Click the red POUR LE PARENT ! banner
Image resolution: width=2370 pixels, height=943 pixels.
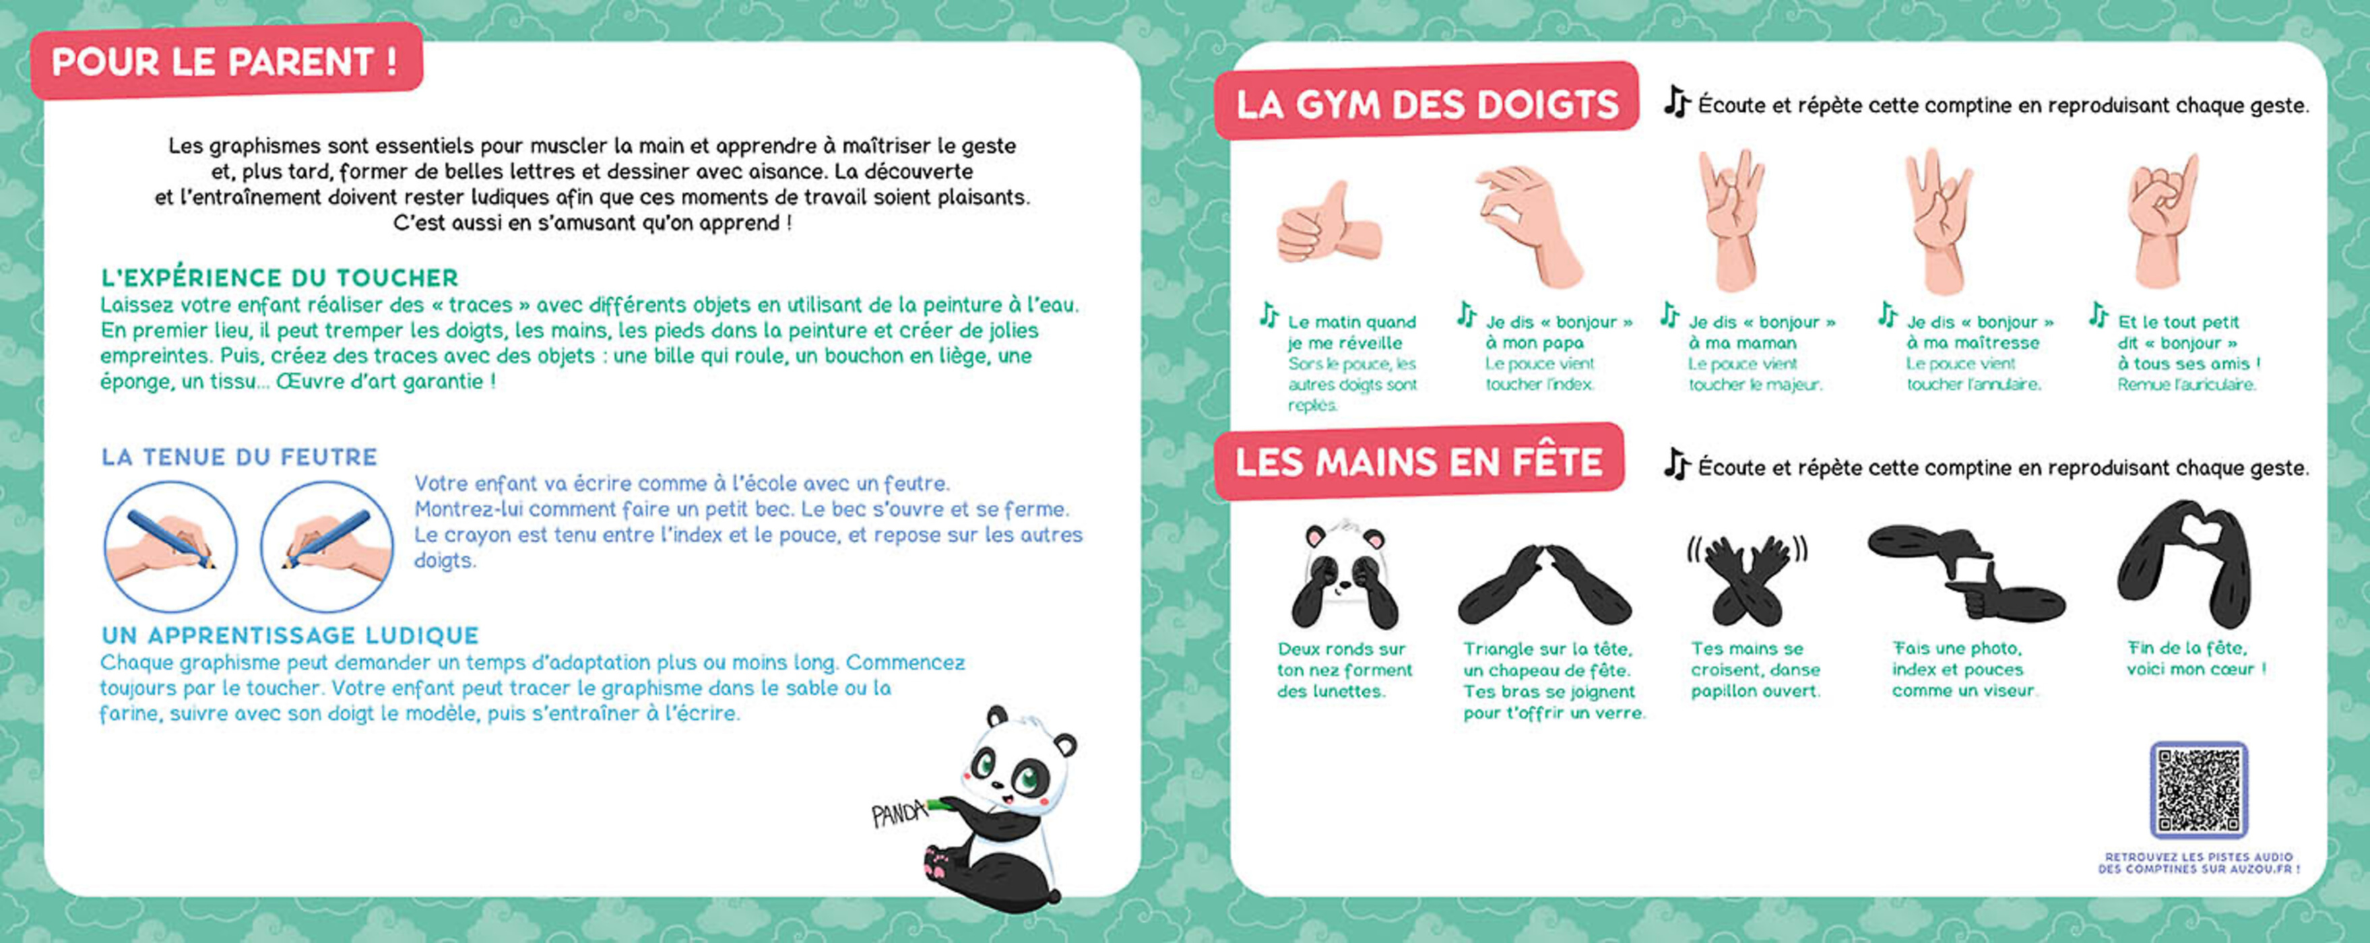(226, 62)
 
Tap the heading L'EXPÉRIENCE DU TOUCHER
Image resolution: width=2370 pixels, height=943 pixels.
(279, 278)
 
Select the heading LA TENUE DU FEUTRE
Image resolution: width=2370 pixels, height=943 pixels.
(239, 457)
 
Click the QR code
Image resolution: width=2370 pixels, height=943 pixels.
(2198, 790)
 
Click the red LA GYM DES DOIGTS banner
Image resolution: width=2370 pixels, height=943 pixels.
(1426, 104)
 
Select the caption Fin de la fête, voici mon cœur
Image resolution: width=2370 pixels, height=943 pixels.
(2194, 659)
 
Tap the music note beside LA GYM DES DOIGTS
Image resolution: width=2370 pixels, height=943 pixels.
(1676, 102)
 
